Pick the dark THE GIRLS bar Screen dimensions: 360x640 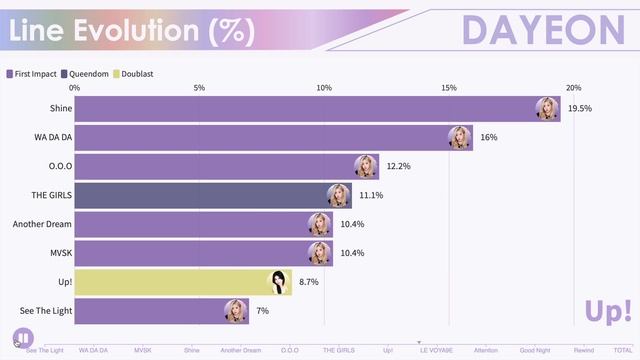pyautogui.click(x=200, y=195)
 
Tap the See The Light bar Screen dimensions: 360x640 pyautogui.click(x=150, y=312)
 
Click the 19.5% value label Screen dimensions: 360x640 pyautogui.click(x=580, y=108)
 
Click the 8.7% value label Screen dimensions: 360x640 pyautogui.click(x=310, y=283)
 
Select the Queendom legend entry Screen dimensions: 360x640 pyautogui.click(x=89, y=74)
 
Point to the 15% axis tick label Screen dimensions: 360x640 pyautogui.click(x=449, y=88)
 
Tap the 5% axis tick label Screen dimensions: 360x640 pyautogui.click(x=199, y=88)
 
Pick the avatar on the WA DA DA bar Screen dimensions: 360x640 pyautogui.click(x=460, y=137)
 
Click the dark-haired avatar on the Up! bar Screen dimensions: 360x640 pyautogui.click(x=280, y=283)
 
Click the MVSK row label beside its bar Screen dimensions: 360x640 pyautogui.click(x=59, y=254)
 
